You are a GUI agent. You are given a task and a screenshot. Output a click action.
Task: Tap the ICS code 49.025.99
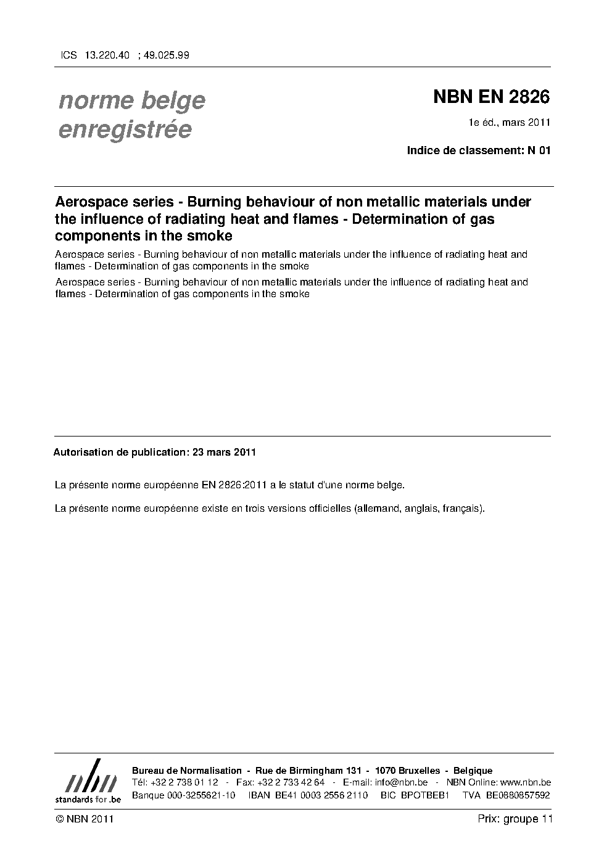[166, 55]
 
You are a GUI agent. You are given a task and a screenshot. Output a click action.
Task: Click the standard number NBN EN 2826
[491, 97]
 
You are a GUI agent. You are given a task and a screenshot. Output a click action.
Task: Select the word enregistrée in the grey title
[125, 130]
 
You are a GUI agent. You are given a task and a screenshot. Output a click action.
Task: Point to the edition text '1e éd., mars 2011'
[510, 123]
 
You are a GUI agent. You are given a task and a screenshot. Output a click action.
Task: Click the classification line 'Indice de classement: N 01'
[478, 150]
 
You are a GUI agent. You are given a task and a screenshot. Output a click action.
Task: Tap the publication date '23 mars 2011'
[224, 452]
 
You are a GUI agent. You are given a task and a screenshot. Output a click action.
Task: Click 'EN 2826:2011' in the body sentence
[234, 485]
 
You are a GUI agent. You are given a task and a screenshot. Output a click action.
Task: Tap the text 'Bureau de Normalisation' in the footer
[187, 771]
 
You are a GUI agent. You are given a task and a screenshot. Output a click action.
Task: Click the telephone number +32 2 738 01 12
[184, 782]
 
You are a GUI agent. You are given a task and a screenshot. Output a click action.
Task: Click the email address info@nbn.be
[401, 782]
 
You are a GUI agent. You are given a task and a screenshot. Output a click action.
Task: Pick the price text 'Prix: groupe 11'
[515, 819]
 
